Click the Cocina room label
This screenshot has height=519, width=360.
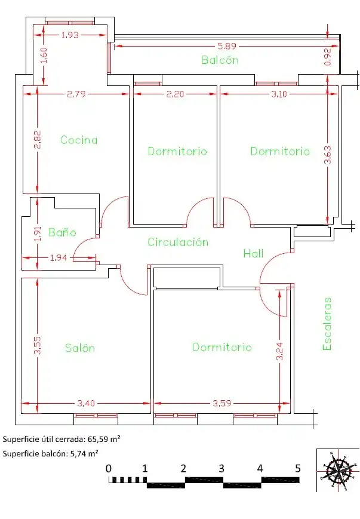tap(79, 140)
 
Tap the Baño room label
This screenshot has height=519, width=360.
tap(62, 232)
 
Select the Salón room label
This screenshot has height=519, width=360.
tap(80, 348)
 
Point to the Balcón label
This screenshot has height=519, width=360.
tap(220, 60)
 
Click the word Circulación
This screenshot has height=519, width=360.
tap(178, 242)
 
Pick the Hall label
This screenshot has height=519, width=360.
tap(254, 254)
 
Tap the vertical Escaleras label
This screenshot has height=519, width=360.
tap(327, 324)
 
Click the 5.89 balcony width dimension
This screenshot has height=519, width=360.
tap(227, 46)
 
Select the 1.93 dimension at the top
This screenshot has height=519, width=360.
tap(70, 35)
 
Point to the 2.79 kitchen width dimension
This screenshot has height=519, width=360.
tap(76, 94)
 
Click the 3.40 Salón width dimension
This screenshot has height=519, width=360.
tap(86, 403)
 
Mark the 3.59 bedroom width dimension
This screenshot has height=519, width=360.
tap(221, 403)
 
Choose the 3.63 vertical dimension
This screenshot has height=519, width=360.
tap(327, 155)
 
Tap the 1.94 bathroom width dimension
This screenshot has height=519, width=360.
tap(59, 257)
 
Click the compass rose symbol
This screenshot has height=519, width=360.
tap(338, 471)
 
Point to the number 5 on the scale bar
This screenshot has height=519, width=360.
tap(298, 468)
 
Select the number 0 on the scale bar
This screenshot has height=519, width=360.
tap(109, 468)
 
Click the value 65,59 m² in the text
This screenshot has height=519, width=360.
tap(104, 439)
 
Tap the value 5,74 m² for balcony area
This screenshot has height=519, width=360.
tap(84, 453)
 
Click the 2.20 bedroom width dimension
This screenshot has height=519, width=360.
tap(175, 94)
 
